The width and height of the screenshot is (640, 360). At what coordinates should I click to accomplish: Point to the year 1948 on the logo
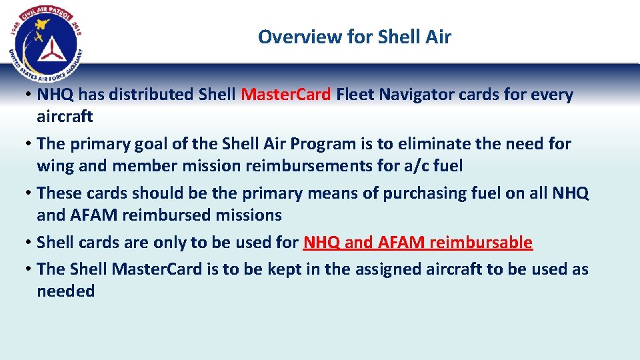coord(19,27)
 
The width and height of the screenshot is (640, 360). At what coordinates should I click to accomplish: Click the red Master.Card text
coord(285,95)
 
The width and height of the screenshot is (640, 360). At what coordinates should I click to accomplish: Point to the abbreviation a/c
coord(422,165)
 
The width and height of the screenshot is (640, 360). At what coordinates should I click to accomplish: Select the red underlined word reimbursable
coord(481,242)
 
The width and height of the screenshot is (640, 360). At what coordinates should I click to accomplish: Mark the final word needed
coord(66,291)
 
